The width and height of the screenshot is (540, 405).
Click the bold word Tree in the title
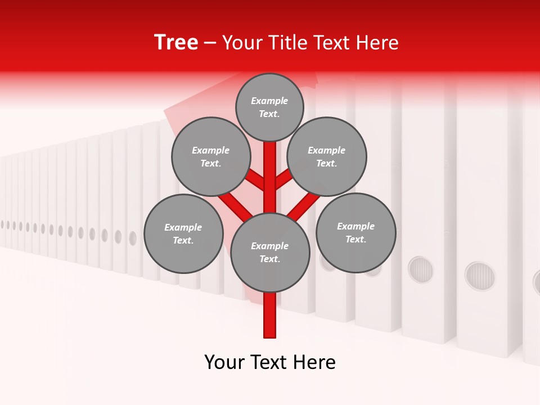click(x=176, y=42)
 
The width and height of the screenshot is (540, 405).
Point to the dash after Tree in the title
click(x=210, y=43)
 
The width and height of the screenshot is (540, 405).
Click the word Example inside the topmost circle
click(x=269, y=101)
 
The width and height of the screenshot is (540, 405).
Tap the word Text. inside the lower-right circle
click(x=355, y=239)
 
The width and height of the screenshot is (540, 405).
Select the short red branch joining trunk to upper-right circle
click(x=283, y=179)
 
